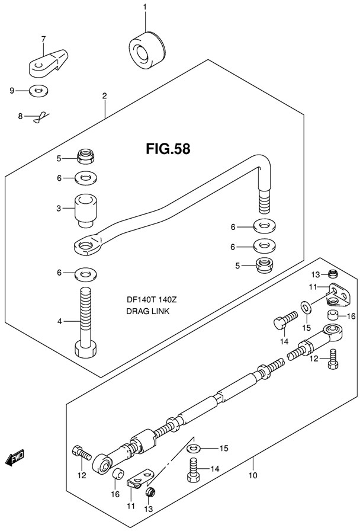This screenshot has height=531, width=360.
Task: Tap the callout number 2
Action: [x=104, y=96]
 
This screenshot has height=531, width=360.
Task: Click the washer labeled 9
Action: [x=39, y=91]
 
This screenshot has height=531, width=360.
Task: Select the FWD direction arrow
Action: [x=15, y=458]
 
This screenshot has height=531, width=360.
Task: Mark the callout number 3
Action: [x=59, y=209]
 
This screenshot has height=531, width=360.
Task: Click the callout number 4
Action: [x=59, y=322]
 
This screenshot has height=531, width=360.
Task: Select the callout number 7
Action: [x=43, y=40]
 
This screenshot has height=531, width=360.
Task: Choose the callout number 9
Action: [x=11, y=90]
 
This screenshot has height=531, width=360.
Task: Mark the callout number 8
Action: [x=20, y=117]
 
